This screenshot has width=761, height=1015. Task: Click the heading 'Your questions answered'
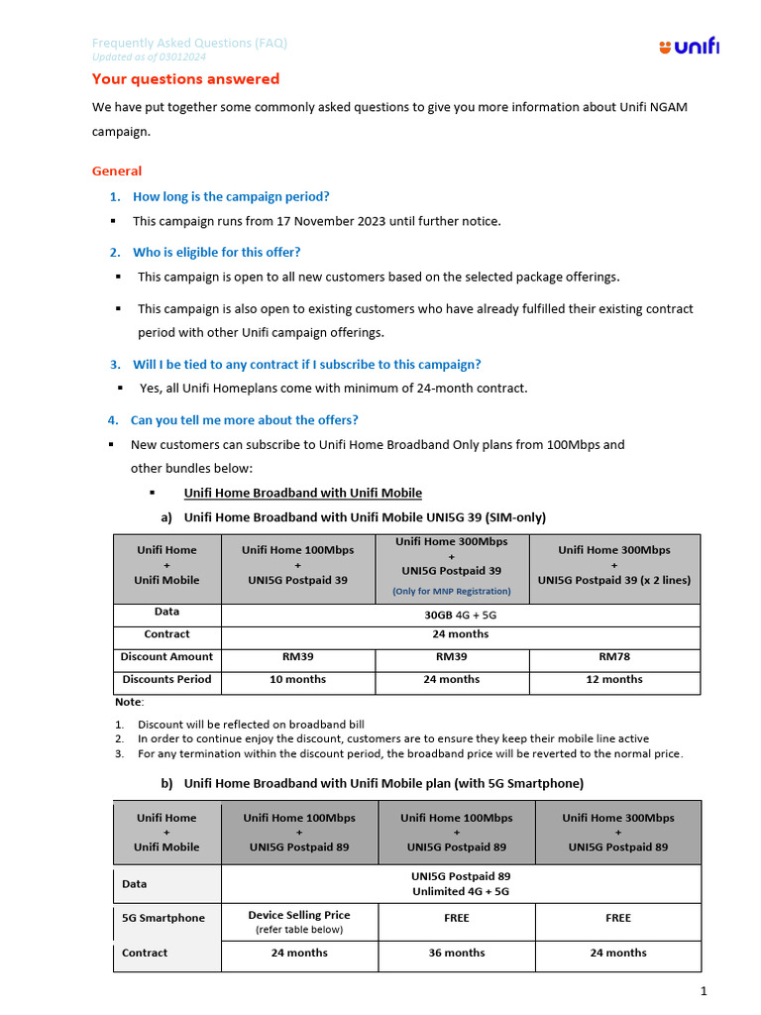pyautogui.click(x=185, y=79)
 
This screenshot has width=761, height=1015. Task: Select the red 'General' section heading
pyautogui.click(x=117, y=170)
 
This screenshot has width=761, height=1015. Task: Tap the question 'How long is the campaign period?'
pyautogui.click(x=231, y=196)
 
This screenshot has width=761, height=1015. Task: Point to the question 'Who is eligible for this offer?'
pyautogui.click(x=216, y=252)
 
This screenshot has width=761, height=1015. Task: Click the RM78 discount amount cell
pyautogui.click(x=614, y=656)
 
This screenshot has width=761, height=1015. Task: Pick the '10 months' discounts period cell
pyautogui.click(x=297, y=679)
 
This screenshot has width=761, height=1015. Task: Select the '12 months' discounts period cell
pyautogui.click(x=614, y=679)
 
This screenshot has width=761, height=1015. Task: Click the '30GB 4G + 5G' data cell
pyautogui.click(x=460, y=614)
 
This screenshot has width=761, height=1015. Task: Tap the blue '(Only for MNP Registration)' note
pyautogui.click(x=452, y=591)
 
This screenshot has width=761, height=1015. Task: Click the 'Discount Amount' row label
pyautogui.click(x=166, y=656)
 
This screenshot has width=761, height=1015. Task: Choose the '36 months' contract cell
pyautogui.click(x=456, y=953)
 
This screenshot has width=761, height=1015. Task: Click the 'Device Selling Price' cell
pyautogui.click(x=298, y=915)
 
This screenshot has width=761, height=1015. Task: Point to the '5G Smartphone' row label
pyautogui.click(x=163, y=918)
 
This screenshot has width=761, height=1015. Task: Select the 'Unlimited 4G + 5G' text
pyautogui.click(x=461, y=891)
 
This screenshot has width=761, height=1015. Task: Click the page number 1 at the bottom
pyautogui.click(x=703, y=991)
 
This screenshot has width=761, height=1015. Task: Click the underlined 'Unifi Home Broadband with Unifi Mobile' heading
pyautogui.click(x=302, y=493)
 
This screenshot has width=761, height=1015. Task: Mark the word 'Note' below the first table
pyautogui.click(x=128, y=702)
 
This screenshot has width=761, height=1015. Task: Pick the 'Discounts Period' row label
pyautogui.click(x=166, y=679)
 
